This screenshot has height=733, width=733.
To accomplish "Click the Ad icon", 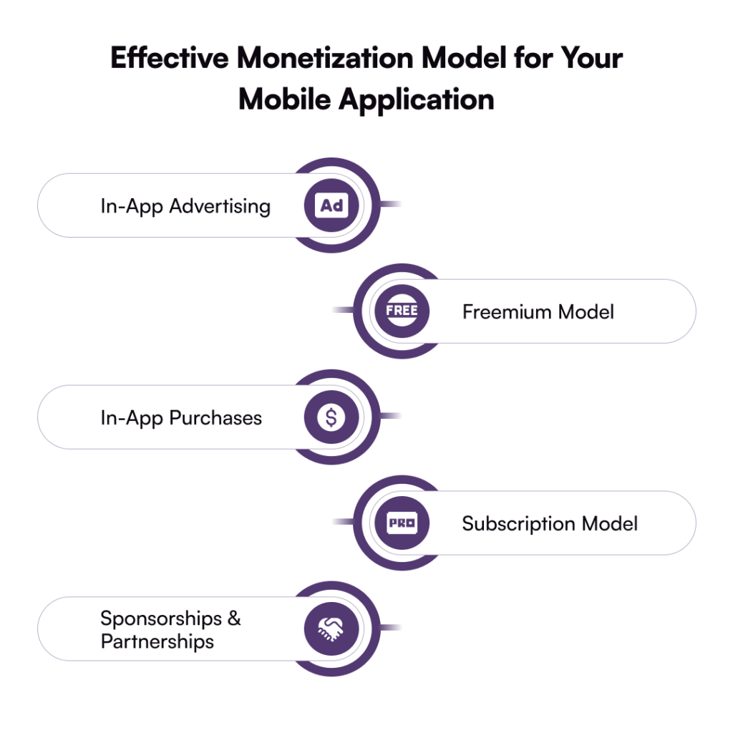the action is [x=331, y=205].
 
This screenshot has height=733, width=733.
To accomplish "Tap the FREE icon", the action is [x=402, y=311].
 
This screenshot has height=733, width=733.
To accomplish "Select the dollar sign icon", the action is [x=331, y=417].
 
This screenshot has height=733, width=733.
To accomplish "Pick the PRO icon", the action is [x=402, y=523].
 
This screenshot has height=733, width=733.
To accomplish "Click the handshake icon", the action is [x=331, y=628].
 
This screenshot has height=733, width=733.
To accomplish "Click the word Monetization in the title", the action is [x=325, y=58].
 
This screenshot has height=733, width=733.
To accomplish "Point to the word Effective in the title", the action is [x=170, y=58].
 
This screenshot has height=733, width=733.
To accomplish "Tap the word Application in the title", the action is [x=416, y=100].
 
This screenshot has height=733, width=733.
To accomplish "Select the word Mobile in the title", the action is [x=285, y=99].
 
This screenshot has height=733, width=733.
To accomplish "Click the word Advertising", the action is [x=220, y=206].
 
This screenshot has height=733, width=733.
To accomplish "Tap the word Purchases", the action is [x=215, y=418].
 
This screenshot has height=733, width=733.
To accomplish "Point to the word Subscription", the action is [x=518, y=524].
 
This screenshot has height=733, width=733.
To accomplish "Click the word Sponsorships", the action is [x=161, y=619].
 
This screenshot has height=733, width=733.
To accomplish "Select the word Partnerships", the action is [x=157, y=642].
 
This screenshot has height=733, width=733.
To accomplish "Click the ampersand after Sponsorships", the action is [x=234, y=618].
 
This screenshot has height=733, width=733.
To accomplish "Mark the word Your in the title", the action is [x=591, y=58].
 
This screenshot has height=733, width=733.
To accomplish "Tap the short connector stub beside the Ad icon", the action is [x=390, y=204].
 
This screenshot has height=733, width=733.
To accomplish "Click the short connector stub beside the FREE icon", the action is [x=343, y=310].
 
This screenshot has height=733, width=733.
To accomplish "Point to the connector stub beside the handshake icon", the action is [x=390, y=627].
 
